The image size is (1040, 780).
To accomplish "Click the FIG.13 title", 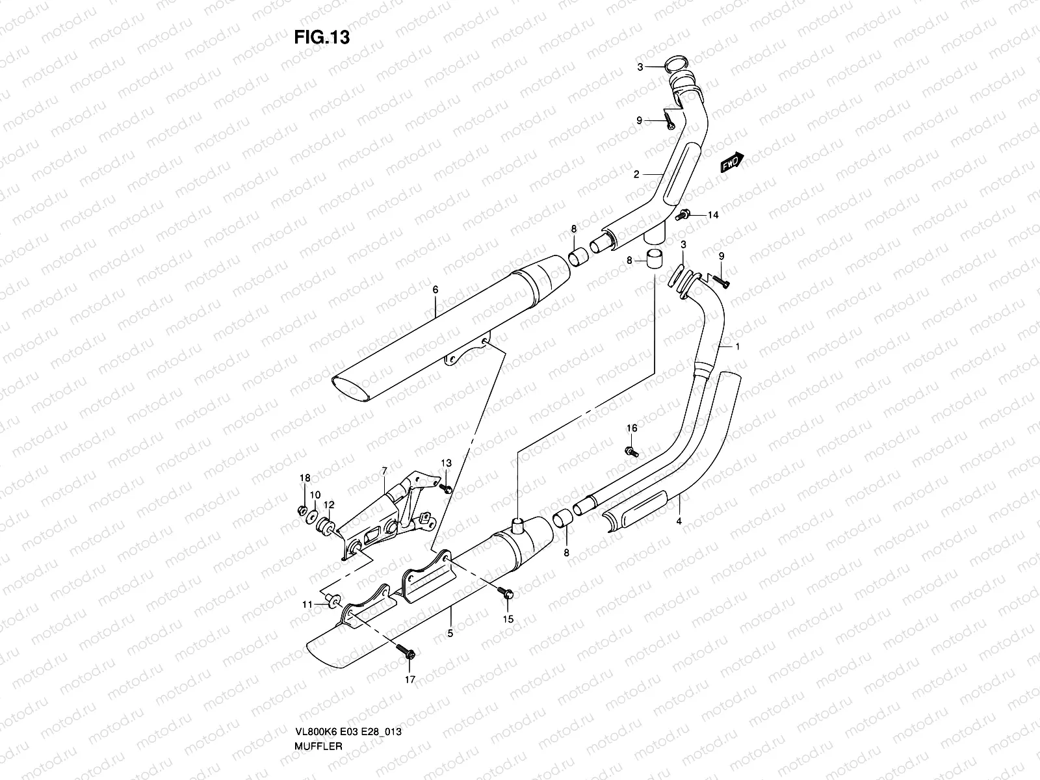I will [x=322, y=38].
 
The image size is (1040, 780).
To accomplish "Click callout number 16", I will [x=632, y=428].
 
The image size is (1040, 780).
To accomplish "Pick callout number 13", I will [x=446, y=463].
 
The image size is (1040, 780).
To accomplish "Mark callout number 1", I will [x=737, y=346].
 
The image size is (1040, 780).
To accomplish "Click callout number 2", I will [x=637, y=174].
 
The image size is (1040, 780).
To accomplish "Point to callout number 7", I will [x=384, y=470].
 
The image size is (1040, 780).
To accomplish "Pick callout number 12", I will [x=329, y=504].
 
